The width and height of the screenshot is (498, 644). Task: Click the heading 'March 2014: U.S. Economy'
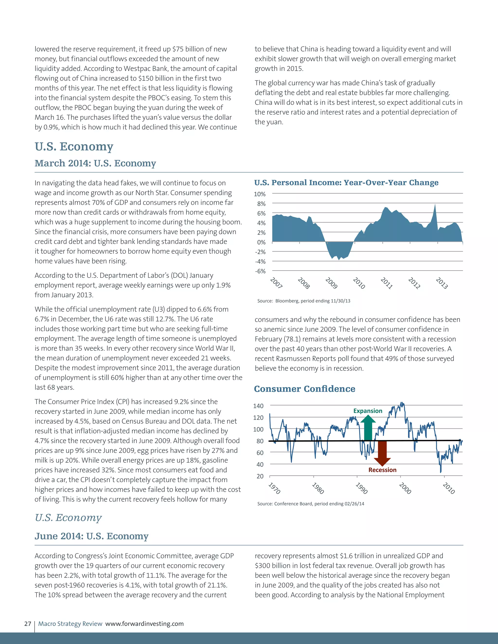[95, 163]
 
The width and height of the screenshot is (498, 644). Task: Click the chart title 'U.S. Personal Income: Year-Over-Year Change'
[346, 183]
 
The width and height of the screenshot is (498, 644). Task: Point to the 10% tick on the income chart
[260, 194]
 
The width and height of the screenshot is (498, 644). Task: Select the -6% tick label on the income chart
[260, 271]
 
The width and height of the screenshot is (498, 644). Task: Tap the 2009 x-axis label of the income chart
[331, 283]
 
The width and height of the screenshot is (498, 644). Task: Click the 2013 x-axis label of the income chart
[442, 283]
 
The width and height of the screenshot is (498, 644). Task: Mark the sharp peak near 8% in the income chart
[435, 205]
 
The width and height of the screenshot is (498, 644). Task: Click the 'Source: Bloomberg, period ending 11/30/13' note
[303, 301]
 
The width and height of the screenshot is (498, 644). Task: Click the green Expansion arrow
[368, 427]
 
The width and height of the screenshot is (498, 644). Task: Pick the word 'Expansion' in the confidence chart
[368, 411]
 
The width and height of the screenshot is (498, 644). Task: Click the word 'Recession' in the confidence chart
[382, 470]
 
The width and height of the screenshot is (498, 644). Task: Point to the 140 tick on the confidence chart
[258, 406]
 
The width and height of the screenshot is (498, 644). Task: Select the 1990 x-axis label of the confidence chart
[361, 488]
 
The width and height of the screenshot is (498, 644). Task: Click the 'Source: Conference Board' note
[310, 504]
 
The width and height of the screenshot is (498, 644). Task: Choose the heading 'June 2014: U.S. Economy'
[91, 536]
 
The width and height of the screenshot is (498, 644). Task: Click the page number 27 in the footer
[28, 624]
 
